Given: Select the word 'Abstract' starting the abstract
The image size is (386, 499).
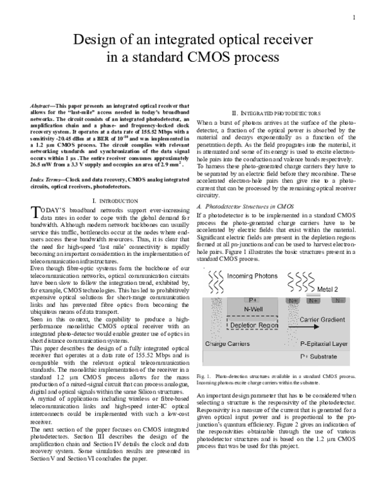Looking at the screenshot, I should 43,104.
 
